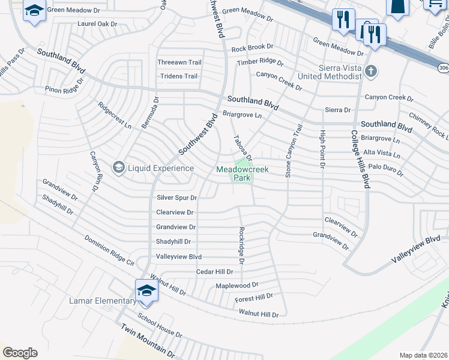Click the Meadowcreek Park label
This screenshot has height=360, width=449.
tap(243, 173)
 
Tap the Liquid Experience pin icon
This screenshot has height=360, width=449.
tap(119, 167)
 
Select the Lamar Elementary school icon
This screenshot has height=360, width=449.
tap(146, 292)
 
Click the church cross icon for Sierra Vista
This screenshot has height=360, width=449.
tap(372, 72)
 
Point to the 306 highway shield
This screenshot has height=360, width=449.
tap(443, 68)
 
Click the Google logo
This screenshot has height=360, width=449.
tap(20, 353)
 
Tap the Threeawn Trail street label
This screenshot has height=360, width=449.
tap(179, 62)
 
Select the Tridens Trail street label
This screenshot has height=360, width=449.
tap(178, 76)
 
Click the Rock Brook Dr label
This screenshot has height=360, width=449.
tap(252, 47)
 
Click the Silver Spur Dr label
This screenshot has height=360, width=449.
tap(176, 197)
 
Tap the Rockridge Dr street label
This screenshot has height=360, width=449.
tap(241, 245)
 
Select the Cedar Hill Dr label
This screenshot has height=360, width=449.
tap(214, 272)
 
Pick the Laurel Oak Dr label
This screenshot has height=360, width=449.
tap(97, 24)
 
